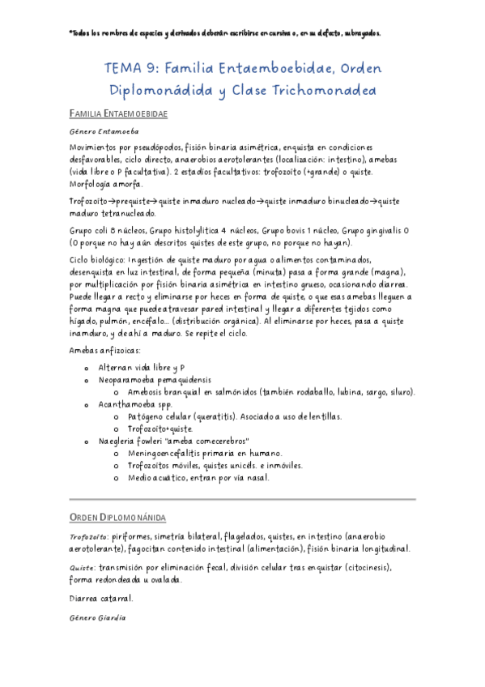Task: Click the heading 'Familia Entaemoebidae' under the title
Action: pos(118,114)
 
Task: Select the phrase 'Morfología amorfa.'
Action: pos(106,183)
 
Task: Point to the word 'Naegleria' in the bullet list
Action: pos(118,442)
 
